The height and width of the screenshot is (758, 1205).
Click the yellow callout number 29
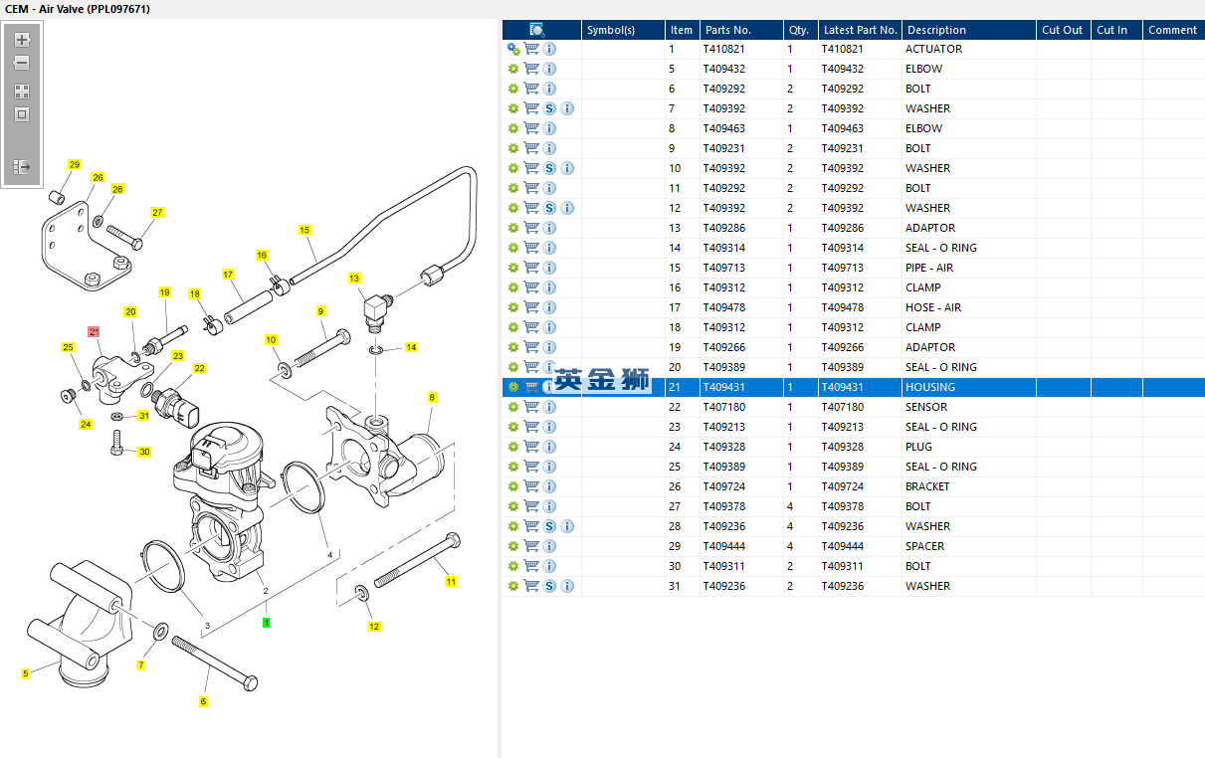[74, 164]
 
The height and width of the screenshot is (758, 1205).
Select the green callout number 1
[267, 623]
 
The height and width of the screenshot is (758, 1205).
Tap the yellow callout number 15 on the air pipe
[304, 230]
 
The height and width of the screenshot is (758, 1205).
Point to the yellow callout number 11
[451, 581]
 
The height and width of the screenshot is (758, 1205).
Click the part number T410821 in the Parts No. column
[723, 49]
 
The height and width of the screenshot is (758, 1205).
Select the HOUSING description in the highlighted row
[929, 387]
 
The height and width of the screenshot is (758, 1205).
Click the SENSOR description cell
[925, 407]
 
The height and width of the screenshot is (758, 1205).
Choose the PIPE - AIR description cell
[928, 268]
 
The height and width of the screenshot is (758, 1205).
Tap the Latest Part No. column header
[860, 30]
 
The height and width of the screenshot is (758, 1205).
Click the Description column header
[936, 30]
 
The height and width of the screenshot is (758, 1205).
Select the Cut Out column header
[1062, 30]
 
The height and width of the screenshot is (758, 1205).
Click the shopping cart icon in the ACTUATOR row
[531, 49]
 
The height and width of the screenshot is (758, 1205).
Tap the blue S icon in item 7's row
[549, 108]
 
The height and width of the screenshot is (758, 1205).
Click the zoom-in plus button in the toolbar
[22, 41]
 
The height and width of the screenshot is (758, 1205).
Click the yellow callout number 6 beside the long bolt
[203, 701]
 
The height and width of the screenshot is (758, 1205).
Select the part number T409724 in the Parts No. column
[723, 486]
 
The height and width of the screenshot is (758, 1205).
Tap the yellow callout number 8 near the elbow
[432, 398]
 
